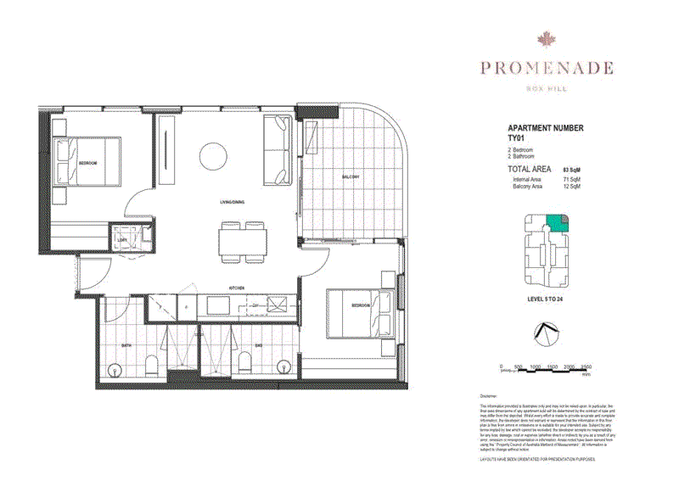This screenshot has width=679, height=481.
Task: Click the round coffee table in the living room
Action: click(210, 155)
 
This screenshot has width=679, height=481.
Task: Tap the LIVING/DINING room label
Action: click(231, 202)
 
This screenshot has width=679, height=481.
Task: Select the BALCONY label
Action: click(351, 176)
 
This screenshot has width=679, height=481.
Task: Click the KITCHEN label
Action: click(237, 288)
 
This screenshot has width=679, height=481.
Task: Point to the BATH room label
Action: click(126, 345)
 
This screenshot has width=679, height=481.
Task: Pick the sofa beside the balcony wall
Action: click(278, 151)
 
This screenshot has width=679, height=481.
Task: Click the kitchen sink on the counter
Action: click(277, 305)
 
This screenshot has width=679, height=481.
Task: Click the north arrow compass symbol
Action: click(546, 334)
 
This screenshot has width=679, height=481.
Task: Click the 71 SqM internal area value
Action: click(570, 180)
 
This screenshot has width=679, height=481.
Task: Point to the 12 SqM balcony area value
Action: click(570, 187)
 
